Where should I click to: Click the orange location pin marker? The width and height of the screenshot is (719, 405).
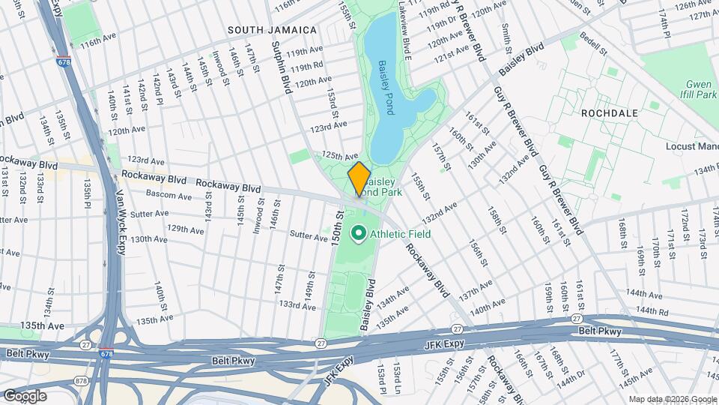click(359, 178)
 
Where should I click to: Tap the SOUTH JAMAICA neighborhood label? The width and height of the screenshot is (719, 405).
click(272, 30)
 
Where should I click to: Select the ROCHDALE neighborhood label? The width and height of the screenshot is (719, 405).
click(609, 112)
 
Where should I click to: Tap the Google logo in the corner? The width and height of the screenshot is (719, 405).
click(25, 395)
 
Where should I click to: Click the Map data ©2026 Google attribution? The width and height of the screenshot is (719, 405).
click(672, 398)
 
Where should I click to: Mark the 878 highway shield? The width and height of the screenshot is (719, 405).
click(82, 381)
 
